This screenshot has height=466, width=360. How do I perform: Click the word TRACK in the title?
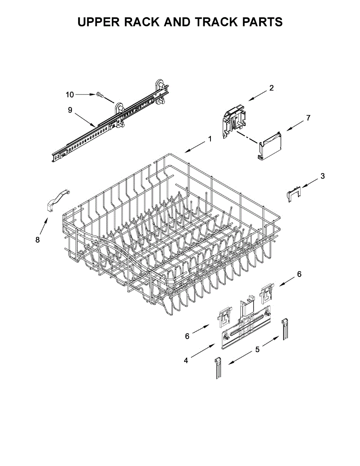click(x=217, y=22)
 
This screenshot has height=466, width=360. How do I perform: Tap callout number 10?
click(x=70, y=94)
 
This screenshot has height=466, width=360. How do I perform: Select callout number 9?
click(x=70, y=110)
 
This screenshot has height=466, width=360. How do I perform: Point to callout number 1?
click(x=210, y=139)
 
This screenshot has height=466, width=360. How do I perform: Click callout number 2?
click(x=271, y=88)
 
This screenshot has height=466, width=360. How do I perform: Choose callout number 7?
click(x=308, y=118)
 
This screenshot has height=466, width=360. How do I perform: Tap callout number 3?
click(x=323, y=176)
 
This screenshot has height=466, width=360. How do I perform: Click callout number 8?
click(x=38, y=240)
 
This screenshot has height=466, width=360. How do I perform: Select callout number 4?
click(x=186, y=360)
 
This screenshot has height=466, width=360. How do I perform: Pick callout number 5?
click(x=257, y=349)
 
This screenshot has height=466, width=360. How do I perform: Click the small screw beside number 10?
click(x=99, y=94)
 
